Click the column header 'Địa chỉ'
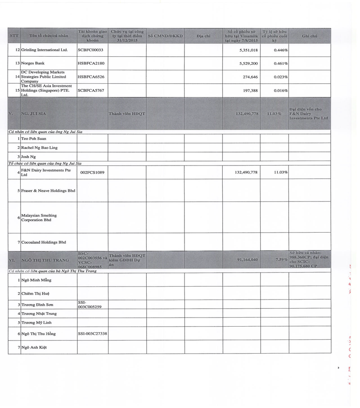(x=203, y=36)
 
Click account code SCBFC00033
(x=90, y=50)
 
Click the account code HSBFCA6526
(x=91, y=77)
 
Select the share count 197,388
(x=250, y=90)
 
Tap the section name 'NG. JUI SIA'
(x=34, y=114)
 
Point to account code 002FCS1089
(x=92, y=172)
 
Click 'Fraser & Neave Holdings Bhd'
(x=48, y=191)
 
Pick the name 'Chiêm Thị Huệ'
(x=36, y=293)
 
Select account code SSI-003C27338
(x=92, y=334)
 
